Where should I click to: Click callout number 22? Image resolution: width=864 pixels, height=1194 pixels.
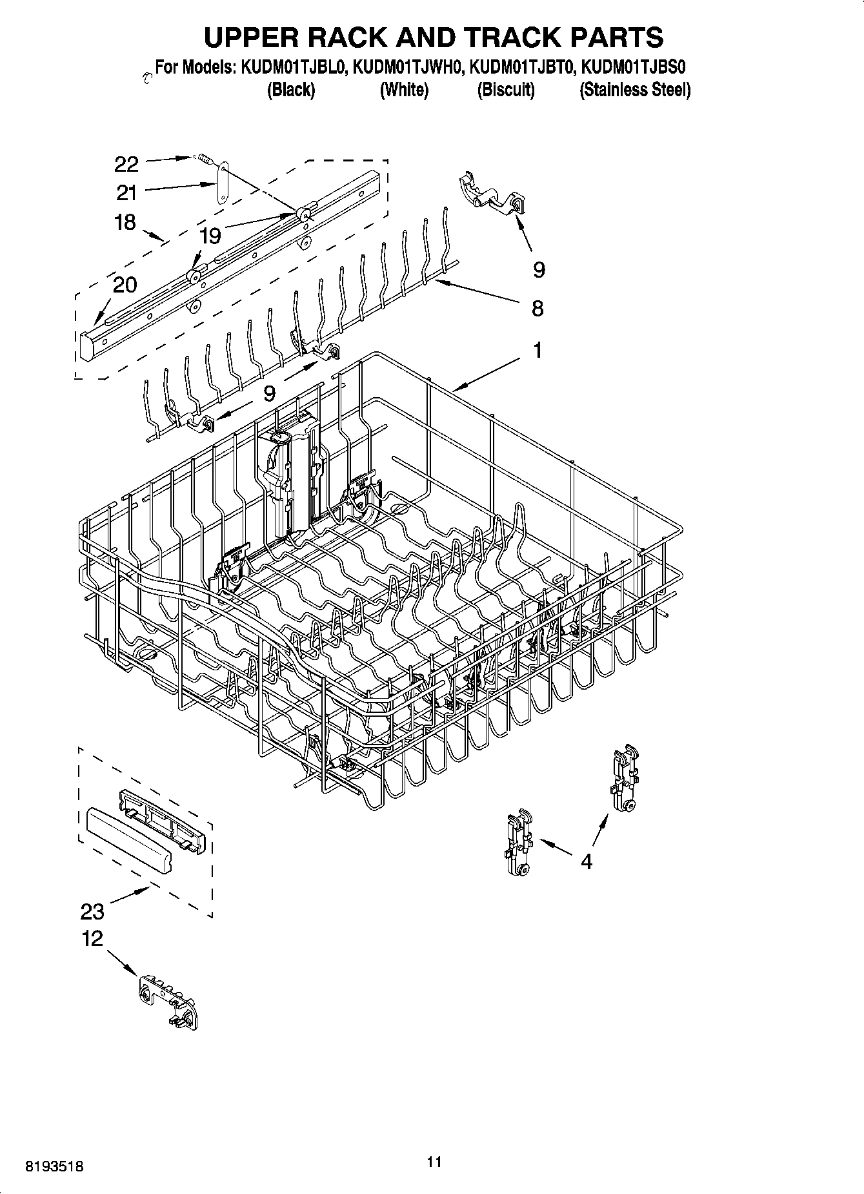[126, 165]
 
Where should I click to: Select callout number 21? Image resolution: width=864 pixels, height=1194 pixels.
[126, 192]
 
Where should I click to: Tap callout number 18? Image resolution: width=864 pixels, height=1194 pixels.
[125, 222]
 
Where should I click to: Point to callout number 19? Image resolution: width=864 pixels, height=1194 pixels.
[210, 236]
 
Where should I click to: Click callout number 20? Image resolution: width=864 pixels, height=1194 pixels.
[125, 284]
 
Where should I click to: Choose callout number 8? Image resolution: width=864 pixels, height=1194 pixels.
[537, 308]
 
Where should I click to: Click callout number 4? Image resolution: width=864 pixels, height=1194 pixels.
[586, 861]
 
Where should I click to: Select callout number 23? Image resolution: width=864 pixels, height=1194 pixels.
[92, 911]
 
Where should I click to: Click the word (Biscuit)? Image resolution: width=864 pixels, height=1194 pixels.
[506, 90]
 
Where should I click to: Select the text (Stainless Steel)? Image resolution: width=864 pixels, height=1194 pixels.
[635, 90]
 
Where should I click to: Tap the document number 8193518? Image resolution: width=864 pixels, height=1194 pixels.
[54, 1167]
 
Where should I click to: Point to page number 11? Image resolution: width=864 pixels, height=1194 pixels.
[434, 1162]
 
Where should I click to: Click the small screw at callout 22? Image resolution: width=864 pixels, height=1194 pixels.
[205, 158]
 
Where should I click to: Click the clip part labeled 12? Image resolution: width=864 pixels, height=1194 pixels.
[168, 999]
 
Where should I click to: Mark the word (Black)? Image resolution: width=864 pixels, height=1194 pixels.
[291, 90]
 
